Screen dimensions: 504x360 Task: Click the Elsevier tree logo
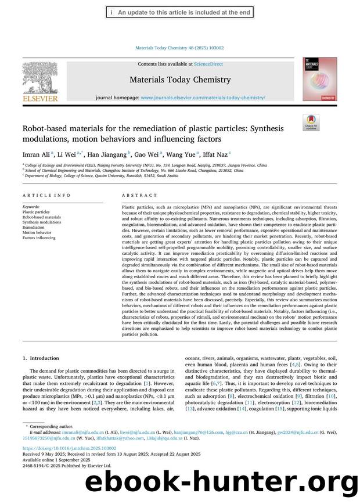[40, 79]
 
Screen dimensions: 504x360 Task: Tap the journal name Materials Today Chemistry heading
[180, 80]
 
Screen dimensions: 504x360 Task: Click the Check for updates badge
[311, 123]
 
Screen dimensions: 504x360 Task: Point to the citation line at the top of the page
[179, 48]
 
